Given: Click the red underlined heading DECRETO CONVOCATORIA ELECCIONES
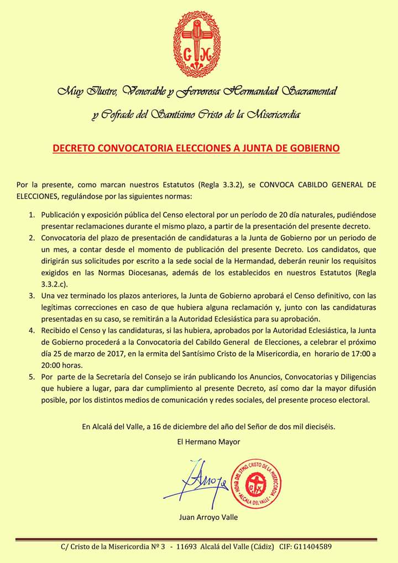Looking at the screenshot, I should pos(196,148).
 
